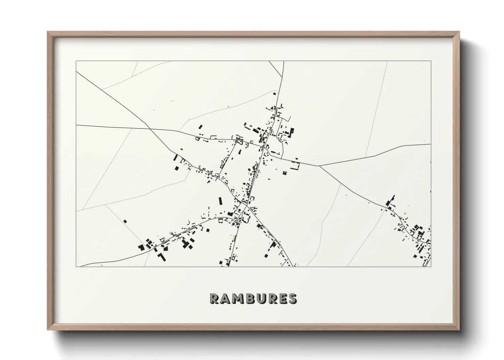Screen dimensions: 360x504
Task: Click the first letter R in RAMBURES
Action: click(x=215, y=298)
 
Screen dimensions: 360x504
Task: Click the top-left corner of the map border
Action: click(x=76, y=61)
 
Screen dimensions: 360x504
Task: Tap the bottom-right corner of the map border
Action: click(x=431, y=266)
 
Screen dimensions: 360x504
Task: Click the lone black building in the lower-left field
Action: click(x=125, y=221)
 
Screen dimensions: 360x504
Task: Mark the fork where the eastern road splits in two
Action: click(x=319, y=166)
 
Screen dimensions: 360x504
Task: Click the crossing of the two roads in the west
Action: click(x=150, y=129)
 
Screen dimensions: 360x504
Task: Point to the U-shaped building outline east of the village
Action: click(x=295, y=166)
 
